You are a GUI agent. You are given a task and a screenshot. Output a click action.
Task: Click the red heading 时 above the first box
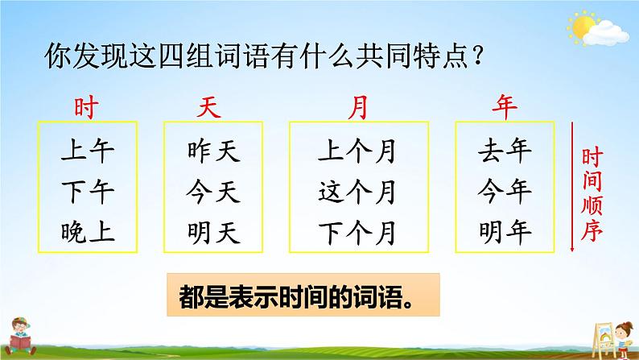click(86, 108)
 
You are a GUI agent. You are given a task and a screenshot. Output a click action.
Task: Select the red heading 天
click(209, 108)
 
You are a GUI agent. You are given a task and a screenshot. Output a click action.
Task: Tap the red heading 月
click(358, 108)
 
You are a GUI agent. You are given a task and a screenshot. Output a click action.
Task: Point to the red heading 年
click(505, 107)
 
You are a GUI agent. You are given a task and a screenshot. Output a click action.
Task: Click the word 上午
click(88, 151)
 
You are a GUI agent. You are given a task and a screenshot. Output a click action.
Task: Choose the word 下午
click(88, 192)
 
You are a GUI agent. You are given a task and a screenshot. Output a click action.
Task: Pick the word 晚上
click(88, 232)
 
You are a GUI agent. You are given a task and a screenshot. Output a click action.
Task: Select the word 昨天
click(213, 151)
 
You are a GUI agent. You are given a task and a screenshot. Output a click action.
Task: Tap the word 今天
click(213, 192)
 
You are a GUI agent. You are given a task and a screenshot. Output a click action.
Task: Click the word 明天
click(213, 233)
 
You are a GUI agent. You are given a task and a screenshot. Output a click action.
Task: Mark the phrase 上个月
click(357, 151)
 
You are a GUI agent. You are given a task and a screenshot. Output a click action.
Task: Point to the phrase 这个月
click(357, 192)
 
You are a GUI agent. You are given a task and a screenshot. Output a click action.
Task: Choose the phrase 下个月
click(357, 233)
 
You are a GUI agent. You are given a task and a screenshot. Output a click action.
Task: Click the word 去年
click(505, 151)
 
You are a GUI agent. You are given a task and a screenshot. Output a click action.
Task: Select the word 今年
click(505, 191)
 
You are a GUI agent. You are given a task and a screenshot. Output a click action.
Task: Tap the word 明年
click(505, 232)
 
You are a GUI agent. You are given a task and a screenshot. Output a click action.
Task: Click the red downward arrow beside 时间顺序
click(572, 187)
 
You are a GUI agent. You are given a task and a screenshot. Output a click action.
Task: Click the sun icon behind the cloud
click(583, 27)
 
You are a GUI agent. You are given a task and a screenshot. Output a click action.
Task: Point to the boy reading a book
click(20, 336)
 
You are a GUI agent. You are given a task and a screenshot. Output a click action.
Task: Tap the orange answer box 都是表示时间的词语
click(303, 295)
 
